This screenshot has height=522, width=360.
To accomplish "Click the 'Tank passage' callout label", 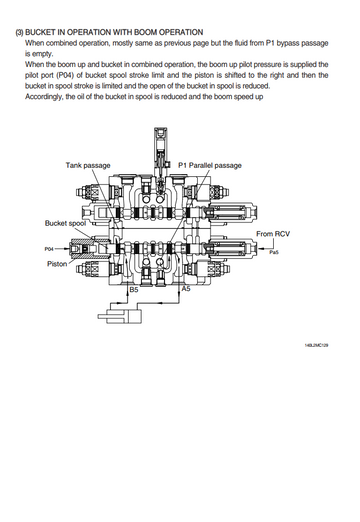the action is tap(88, 165).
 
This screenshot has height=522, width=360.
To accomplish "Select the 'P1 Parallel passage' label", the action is tap(210, 165).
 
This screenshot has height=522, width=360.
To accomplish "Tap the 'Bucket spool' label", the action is tap(65, 223).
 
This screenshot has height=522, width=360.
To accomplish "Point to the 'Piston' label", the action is tap(57, 264).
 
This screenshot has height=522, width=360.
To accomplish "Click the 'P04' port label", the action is tap(49, 249).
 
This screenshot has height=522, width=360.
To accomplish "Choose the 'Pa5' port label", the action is tap(274, 252).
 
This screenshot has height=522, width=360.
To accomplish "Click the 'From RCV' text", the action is tap(273, 234).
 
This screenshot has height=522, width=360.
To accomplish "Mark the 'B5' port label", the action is tap(134, 290).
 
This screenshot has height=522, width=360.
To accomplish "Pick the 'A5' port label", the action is tap(186, 289).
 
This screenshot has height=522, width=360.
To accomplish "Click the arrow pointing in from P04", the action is tap(61, 249).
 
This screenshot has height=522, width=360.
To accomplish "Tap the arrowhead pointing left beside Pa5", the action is tap(261, 248).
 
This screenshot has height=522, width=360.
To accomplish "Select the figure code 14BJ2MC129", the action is tap(316, 345).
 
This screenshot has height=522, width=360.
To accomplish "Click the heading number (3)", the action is tap(19, 32).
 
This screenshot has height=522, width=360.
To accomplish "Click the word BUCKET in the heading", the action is tap(38, 32).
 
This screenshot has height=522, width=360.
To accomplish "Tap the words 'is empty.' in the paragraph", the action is tap(39, 54).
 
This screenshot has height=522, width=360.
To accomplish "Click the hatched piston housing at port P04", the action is tap(89, 249).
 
